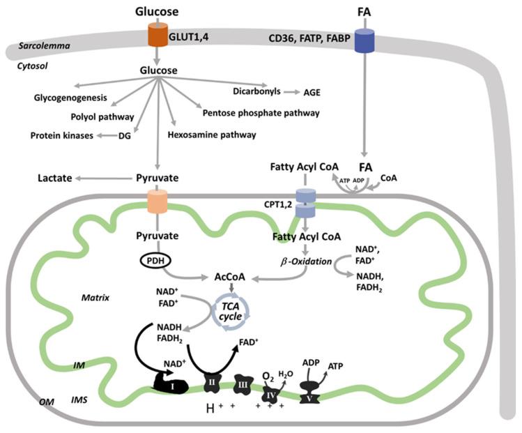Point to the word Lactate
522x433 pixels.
[56, 179]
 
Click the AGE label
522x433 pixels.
[314, 92]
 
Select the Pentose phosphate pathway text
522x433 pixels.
[261, 112]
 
